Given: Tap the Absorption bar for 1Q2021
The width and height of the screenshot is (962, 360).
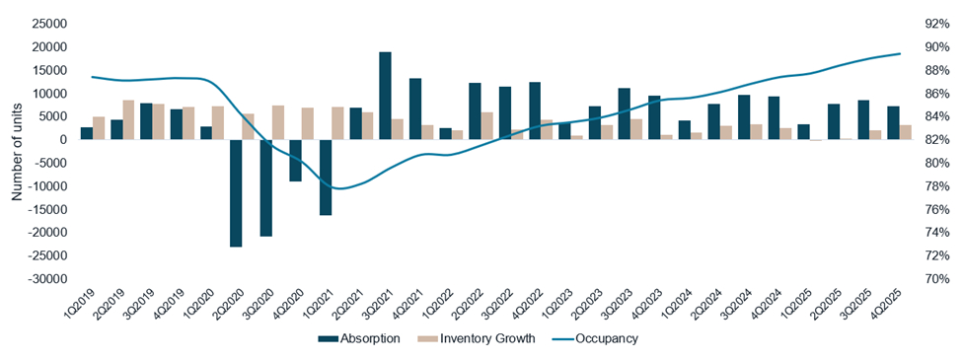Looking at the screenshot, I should coord(325,177).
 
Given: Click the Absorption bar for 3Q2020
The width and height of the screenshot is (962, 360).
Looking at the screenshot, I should coord(265,187).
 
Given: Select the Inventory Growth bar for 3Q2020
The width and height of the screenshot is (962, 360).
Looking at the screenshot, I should coord(278,122).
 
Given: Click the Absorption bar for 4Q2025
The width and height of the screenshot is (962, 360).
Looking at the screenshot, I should coord(893,122).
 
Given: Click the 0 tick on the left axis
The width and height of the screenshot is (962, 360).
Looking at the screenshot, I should coord(62,140).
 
